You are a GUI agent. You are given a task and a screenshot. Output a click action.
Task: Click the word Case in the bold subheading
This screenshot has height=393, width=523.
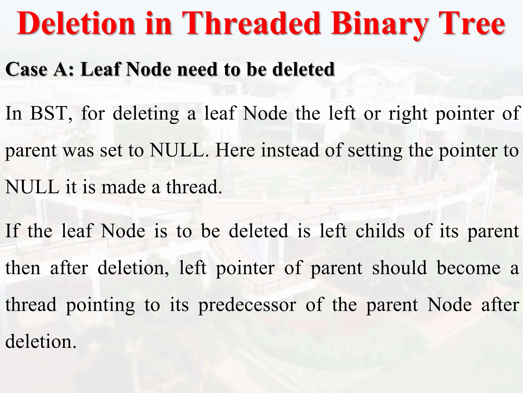pos(26,70)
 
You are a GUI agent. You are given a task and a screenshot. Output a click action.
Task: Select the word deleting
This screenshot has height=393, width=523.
pos(146,113)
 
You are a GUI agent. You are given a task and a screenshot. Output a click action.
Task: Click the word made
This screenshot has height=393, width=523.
pos(124,187)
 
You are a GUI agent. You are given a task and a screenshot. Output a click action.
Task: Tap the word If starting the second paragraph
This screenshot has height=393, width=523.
pos(12,231)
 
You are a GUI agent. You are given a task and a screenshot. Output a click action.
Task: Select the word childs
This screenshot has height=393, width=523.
pos(380,231)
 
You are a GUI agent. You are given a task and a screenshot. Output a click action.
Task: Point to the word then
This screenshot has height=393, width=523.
pos(23,268)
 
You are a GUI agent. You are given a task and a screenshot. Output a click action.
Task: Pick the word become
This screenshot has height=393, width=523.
pos(469,268)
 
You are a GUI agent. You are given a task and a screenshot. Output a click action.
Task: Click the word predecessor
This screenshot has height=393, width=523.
pos(247,305)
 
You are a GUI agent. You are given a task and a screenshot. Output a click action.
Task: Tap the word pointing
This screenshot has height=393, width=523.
pos(100,305)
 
